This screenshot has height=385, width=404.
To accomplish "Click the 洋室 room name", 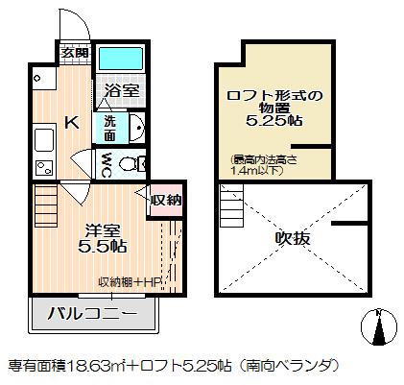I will point(104,230).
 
